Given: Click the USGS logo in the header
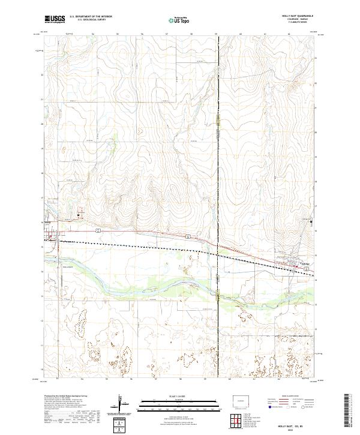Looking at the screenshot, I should pyautogui.click(x=55, y=19).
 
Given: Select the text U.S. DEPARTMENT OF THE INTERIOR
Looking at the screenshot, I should pyautogui.click(x=91, y=17).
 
